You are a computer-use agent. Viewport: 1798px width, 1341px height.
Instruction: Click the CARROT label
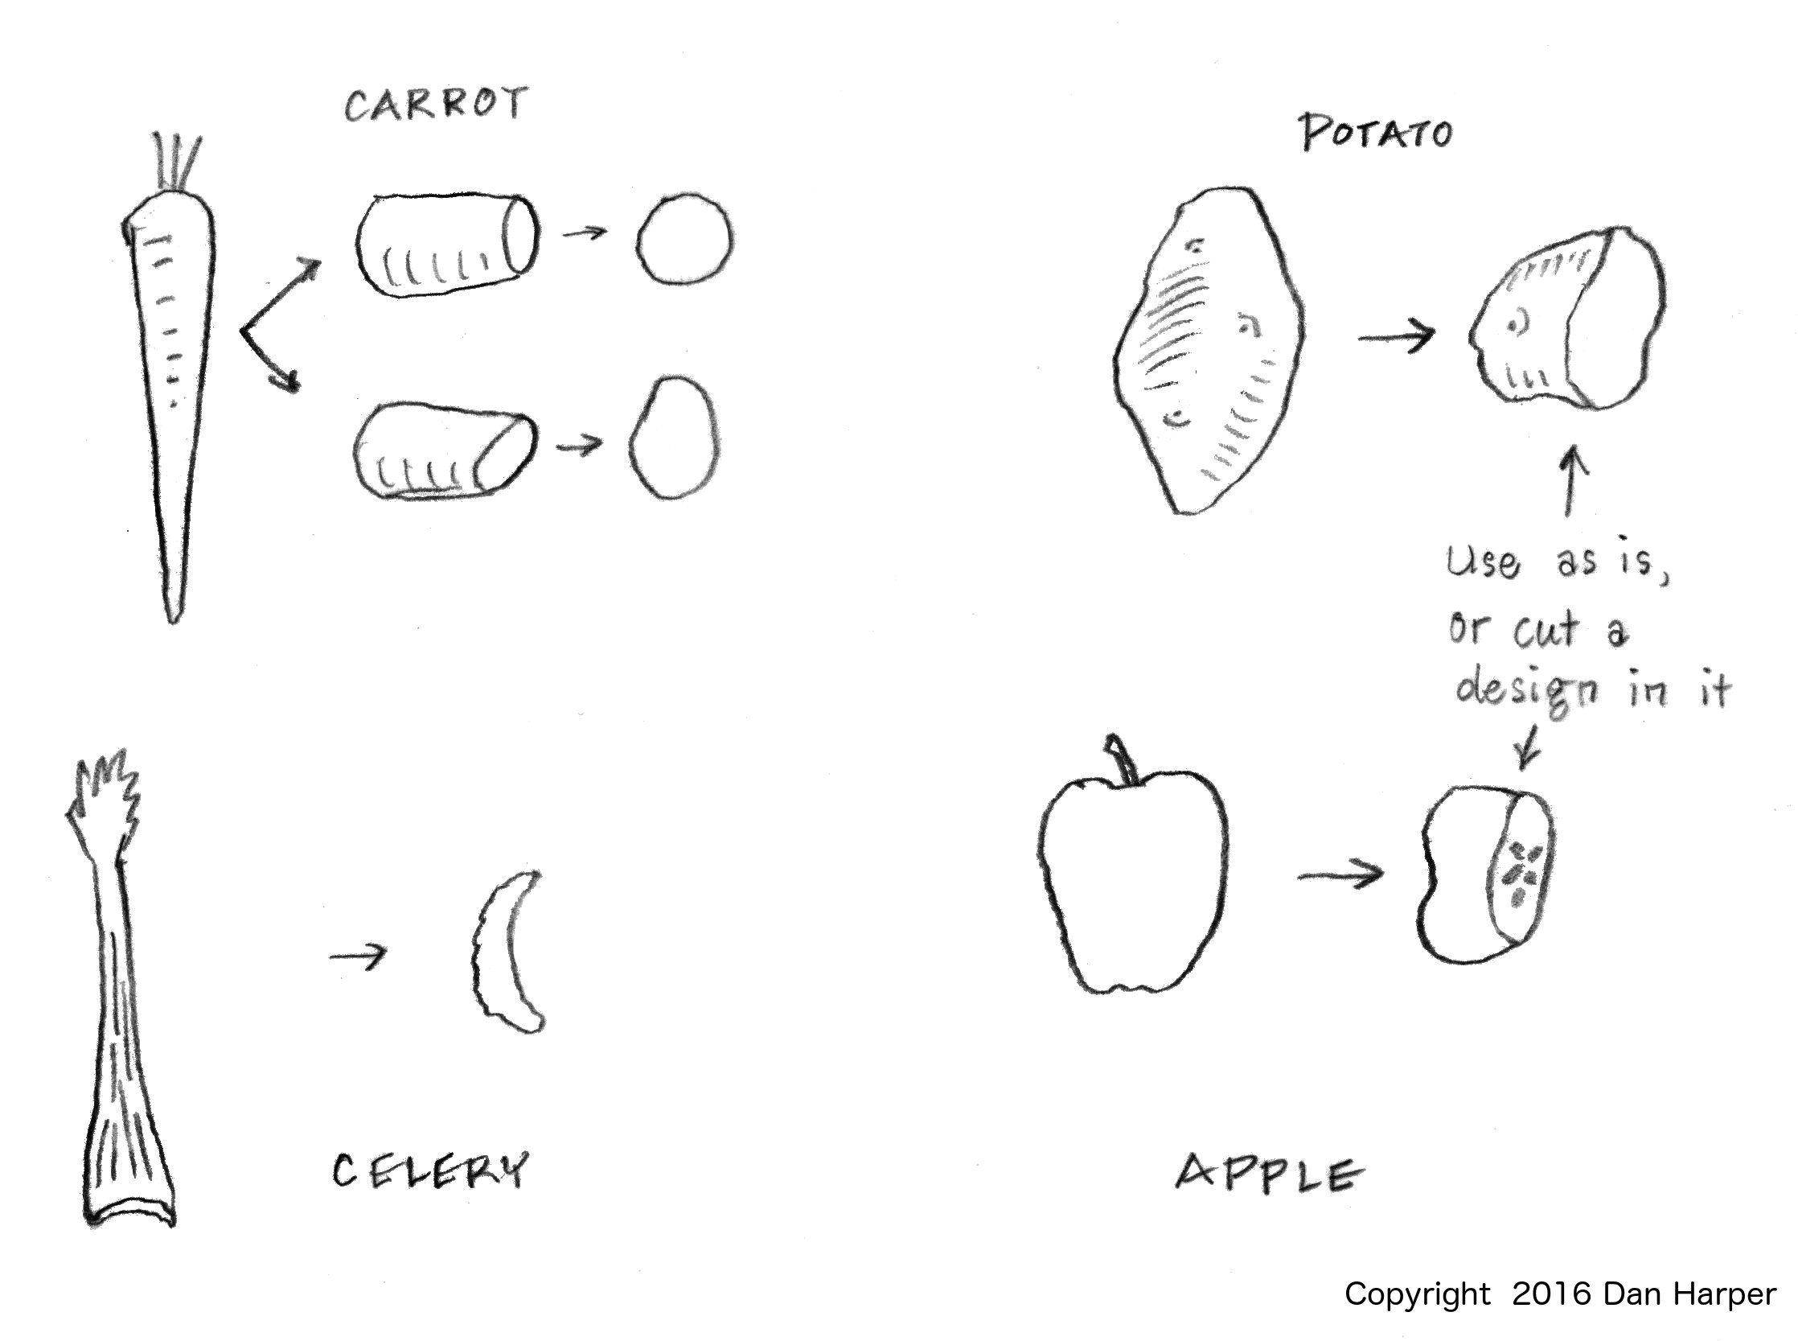click(x=437, y=104)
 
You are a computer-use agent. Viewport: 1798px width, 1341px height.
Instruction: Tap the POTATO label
click(x=1377, y=133)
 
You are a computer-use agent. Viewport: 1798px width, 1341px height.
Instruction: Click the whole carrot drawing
click(x=170, y=381)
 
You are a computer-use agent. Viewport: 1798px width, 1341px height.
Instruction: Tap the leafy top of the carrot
click(x=177, y=162)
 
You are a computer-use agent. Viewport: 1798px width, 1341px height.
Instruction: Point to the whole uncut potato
click(x=1209, y=351)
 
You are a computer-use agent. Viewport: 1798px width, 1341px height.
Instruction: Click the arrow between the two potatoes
click(x=1396, y=335)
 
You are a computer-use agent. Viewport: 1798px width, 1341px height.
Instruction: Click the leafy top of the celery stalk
click(x=104, y=796)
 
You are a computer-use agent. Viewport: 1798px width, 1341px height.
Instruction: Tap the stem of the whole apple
click(x=1121, y=759)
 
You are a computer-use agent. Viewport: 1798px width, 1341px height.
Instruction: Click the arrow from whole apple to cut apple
click(x=1340, y=874)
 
